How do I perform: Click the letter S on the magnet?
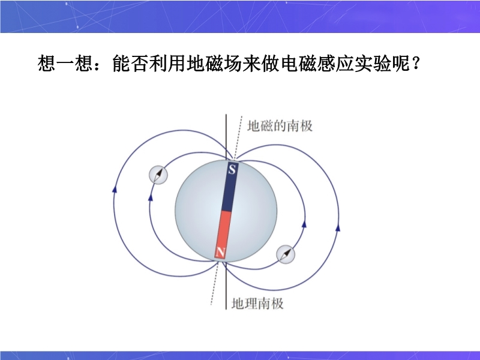pyautogui.click(x=232, y=169)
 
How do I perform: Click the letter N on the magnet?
pyautogui.click(x=220, y=252)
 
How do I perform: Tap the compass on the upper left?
pyautogui.click(x=158, y=175)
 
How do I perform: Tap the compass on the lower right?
pyautogui.click(x=286, y=254)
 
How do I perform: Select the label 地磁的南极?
pyautogui.click(x=280, y=126)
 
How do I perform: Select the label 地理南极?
pyautogui.click(x=257, y=304)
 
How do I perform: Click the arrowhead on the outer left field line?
pyautogui.click(x=115, y=189)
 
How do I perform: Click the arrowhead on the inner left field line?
pyautogui.click(x=151, y=197)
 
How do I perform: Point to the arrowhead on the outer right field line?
pyautogui.click(x=338, y=227)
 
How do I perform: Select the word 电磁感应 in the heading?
pyautogui.click(x=316, y=64)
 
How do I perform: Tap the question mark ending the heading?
pyautogui.click(x=415, y=63)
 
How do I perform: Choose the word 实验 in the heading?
pyautogui.click(x=372, y=64)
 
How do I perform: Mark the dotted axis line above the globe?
pyautogui.click(x=238, y=138)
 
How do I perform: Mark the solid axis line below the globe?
pyautogui.click(x=226, y=286)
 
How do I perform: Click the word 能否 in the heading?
pyautogui.click(x=130, y=64)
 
